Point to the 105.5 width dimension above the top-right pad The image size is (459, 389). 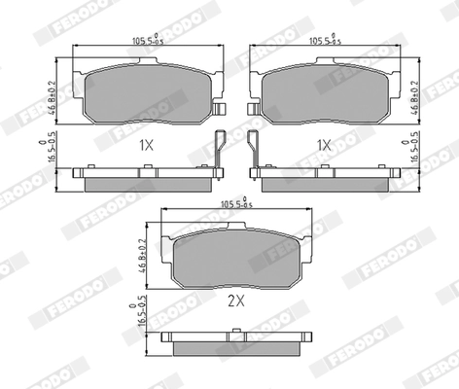322,42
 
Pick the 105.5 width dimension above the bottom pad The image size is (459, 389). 233,204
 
